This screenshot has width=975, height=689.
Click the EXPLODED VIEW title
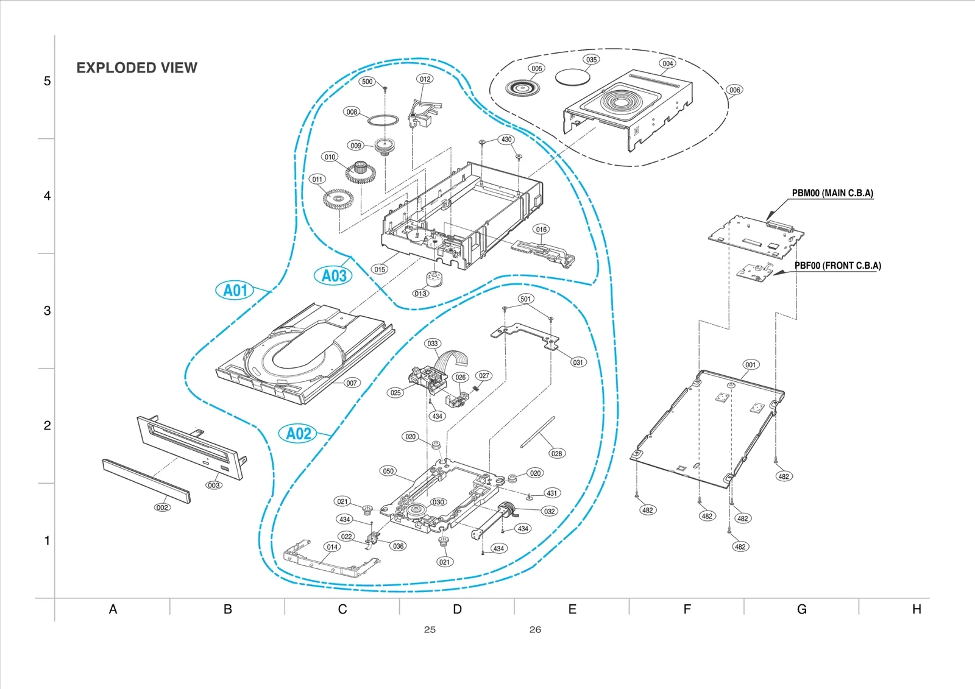(136, 68)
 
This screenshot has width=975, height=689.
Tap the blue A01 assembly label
(235, 290)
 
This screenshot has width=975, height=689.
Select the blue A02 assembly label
(299, 434)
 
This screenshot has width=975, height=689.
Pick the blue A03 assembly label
(333, 276)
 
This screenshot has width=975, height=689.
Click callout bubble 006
(735, 90)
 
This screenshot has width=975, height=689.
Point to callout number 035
(591, 60)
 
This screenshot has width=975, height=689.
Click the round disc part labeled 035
(572, 76)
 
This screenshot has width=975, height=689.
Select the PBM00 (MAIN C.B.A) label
(832, 193)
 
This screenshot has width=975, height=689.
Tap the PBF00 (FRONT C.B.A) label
(837, 266)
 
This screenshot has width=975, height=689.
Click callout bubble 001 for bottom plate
(751, 365)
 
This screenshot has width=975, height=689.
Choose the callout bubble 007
(352, 383)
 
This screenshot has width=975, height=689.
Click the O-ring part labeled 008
(383, 119)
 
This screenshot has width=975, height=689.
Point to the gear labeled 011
(338, 199)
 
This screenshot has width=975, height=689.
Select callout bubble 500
(367, 82)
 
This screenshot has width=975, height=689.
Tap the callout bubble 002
(162, 507)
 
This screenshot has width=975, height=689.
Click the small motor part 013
(434, 279)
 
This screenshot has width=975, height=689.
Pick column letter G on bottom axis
(801, 609)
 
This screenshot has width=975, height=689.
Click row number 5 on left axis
(47, 81)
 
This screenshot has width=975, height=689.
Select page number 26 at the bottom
(535, 630)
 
